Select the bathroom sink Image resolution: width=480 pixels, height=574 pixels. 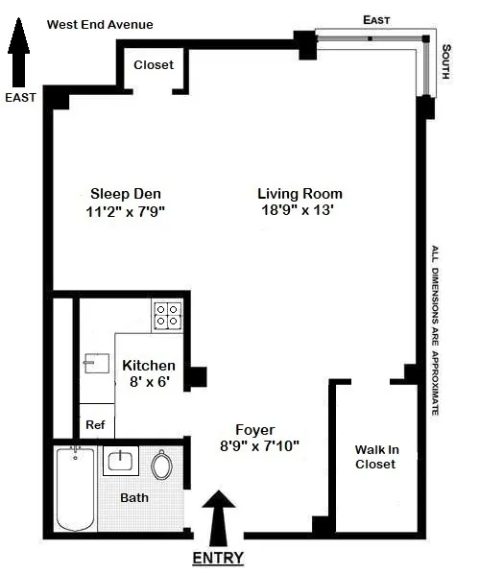pos(121,461)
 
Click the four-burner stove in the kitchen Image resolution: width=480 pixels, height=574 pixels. pos(168,316)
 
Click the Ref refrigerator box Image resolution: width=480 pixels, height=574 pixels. pos(96,423)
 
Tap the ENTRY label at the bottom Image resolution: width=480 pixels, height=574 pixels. pos(219,558)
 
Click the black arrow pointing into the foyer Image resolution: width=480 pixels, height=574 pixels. pos(220,514)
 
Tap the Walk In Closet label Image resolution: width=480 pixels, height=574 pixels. pos(375,457)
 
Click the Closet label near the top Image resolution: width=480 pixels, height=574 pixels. pos(154,64)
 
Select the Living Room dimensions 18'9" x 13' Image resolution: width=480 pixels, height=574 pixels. pos(299,211)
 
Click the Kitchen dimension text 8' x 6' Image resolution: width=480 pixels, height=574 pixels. pos(149,382)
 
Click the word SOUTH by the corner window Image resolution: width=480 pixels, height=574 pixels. pos(445,66)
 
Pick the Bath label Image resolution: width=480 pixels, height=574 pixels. pos(134,498)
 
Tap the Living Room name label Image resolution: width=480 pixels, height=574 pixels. pos(300,193)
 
